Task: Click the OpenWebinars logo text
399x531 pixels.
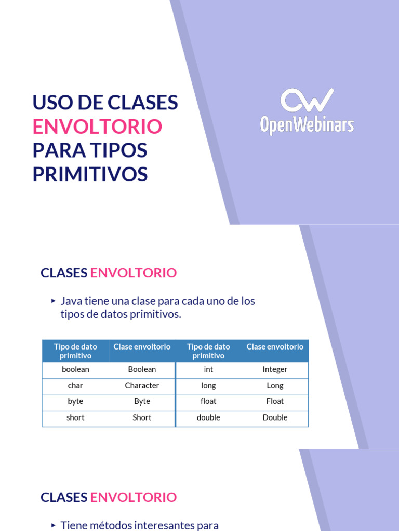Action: click(x=307, y=125)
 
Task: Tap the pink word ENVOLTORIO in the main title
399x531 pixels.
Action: click(x=97, y=127)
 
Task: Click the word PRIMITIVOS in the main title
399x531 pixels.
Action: click(x=90, y=174)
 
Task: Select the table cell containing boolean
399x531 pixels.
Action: click(x=75, y=370)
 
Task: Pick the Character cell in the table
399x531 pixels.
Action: click(x=142, y=386)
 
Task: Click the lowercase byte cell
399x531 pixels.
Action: click(x=75, y=401)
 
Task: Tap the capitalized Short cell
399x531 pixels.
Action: click(x=142, y=417)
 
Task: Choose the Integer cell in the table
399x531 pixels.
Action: click(x=275, y=370)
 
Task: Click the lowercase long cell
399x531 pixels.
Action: click(x=208, y=386)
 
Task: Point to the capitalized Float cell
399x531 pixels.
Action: click(x=275, y=401)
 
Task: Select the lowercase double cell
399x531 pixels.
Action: click(x=208, y=417)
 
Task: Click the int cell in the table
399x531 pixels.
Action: click(x=208, y=370)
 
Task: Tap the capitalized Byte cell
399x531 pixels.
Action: click(x=142, y=401)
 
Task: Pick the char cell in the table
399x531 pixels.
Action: click(x=75, y=386)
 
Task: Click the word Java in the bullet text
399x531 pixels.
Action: click(x=72, y=301)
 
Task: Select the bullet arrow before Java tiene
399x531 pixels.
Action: click(x=53, y=301)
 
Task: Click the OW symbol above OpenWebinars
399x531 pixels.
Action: click(x=307, y=100)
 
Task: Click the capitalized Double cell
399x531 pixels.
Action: click(x=275, y=417)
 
